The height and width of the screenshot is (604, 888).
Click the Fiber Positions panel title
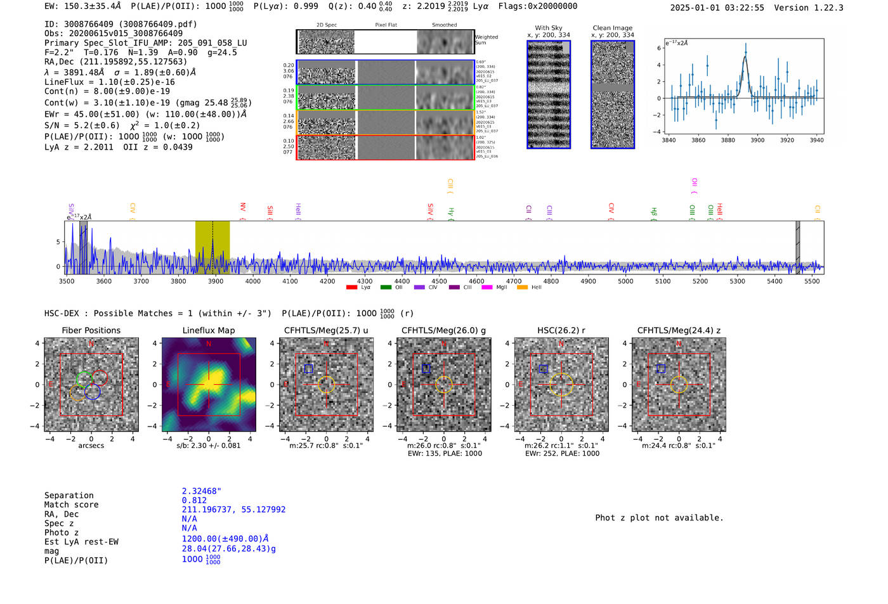91,330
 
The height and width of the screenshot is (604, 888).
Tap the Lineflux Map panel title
208,330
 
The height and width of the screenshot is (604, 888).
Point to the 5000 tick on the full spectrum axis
625,281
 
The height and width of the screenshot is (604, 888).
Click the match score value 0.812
194,501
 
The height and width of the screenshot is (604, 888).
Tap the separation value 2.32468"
201,491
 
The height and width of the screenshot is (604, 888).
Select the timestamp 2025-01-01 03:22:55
717,8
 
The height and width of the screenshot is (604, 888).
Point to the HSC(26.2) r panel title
561,330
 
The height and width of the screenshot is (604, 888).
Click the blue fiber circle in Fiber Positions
93,392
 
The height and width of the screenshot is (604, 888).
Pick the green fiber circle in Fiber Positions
84,379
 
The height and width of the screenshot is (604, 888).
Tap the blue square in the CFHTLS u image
308,369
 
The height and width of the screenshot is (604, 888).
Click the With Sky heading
549,28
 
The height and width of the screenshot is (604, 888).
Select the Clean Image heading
613,28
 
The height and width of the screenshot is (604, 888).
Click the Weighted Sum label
486,40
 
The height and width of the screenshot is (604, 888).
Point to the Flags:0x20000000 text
538,6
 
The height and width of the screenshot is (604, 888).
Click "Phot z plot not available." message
659,518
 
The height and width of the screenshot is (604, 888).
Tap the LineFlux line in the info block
110,82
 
